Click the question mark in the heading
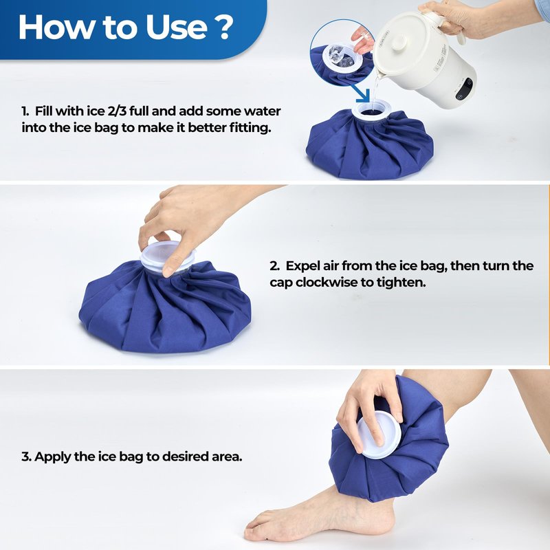coord(221,27)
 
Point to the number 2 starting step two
coord(274,266)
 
